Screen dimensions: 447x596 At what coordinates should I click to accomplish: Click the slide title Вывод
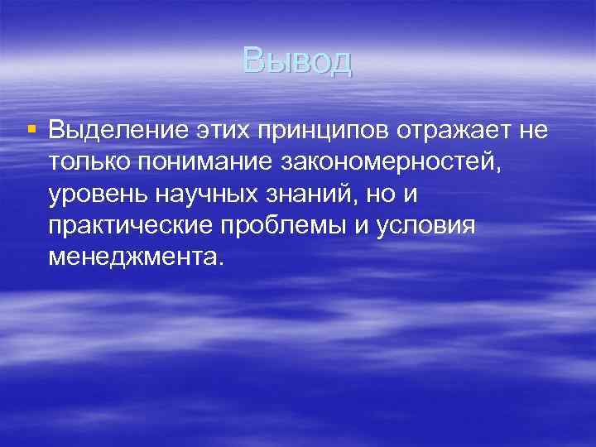tap(297, 61)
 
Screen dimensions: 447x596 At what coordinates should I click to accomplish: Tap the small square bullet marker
tap(32, 130)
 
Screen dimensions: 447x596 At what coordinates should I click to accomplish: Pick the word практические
tap(135, 227)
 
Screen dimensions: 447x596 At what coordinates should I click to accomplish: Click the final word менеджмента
tap(135, 258)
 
